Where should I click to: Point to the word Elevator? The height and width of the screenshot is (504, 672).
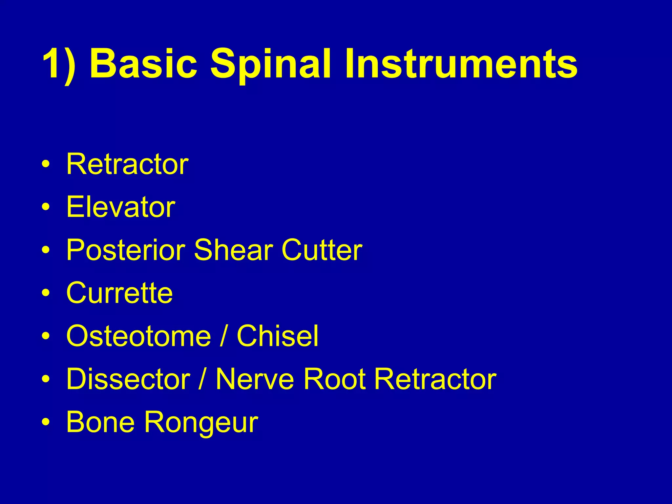point(121,207)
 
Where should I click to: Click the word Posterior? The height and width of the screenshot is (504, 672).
point(126,250)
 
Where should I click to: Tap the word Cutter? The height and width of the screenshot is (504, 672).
point(322,250)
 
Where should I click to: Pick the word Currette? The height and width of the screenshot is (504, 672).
point(119,293)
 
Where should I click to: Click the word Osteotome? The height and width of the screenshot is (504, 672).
point(138,336)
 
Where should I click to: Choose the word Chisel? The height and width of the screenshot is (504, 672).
point(277,336)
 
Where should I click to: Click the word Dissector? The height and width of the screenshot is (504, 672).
point(128,379)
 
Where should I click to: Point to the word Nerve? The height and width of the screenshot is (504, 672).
point(255,379)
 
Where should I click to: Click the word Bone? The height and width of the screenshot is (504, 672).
point(100,422)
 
